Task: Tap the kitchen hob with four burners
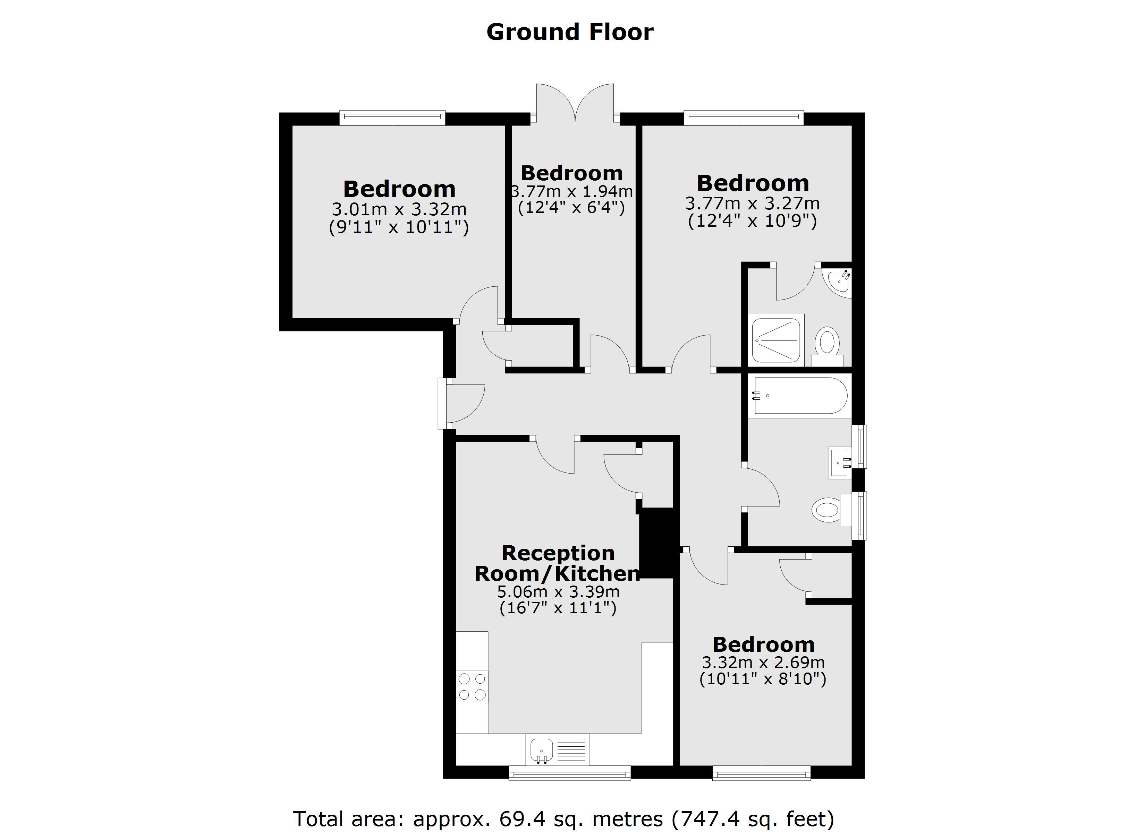click(x=472, y=687)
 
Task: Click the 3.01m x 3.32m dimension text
click(x=399, y=209)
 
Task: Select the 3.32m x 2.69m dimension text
click(x=763, y=662)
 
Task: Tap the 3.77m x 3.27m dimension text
click(x=752, y=203)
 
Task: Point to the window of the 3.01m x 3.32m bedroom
click(x=392, y=118)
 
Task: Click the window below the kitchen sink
click(x=569, y=773)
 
